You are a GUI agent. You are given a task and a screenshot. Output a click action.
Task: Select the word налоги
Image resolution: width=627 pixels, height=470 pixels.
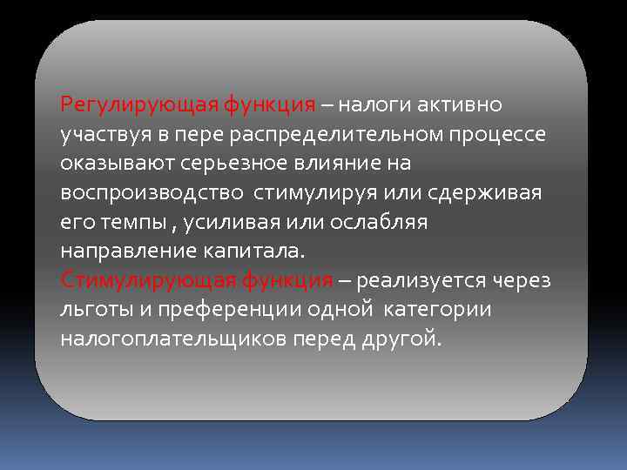[372, 105]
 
